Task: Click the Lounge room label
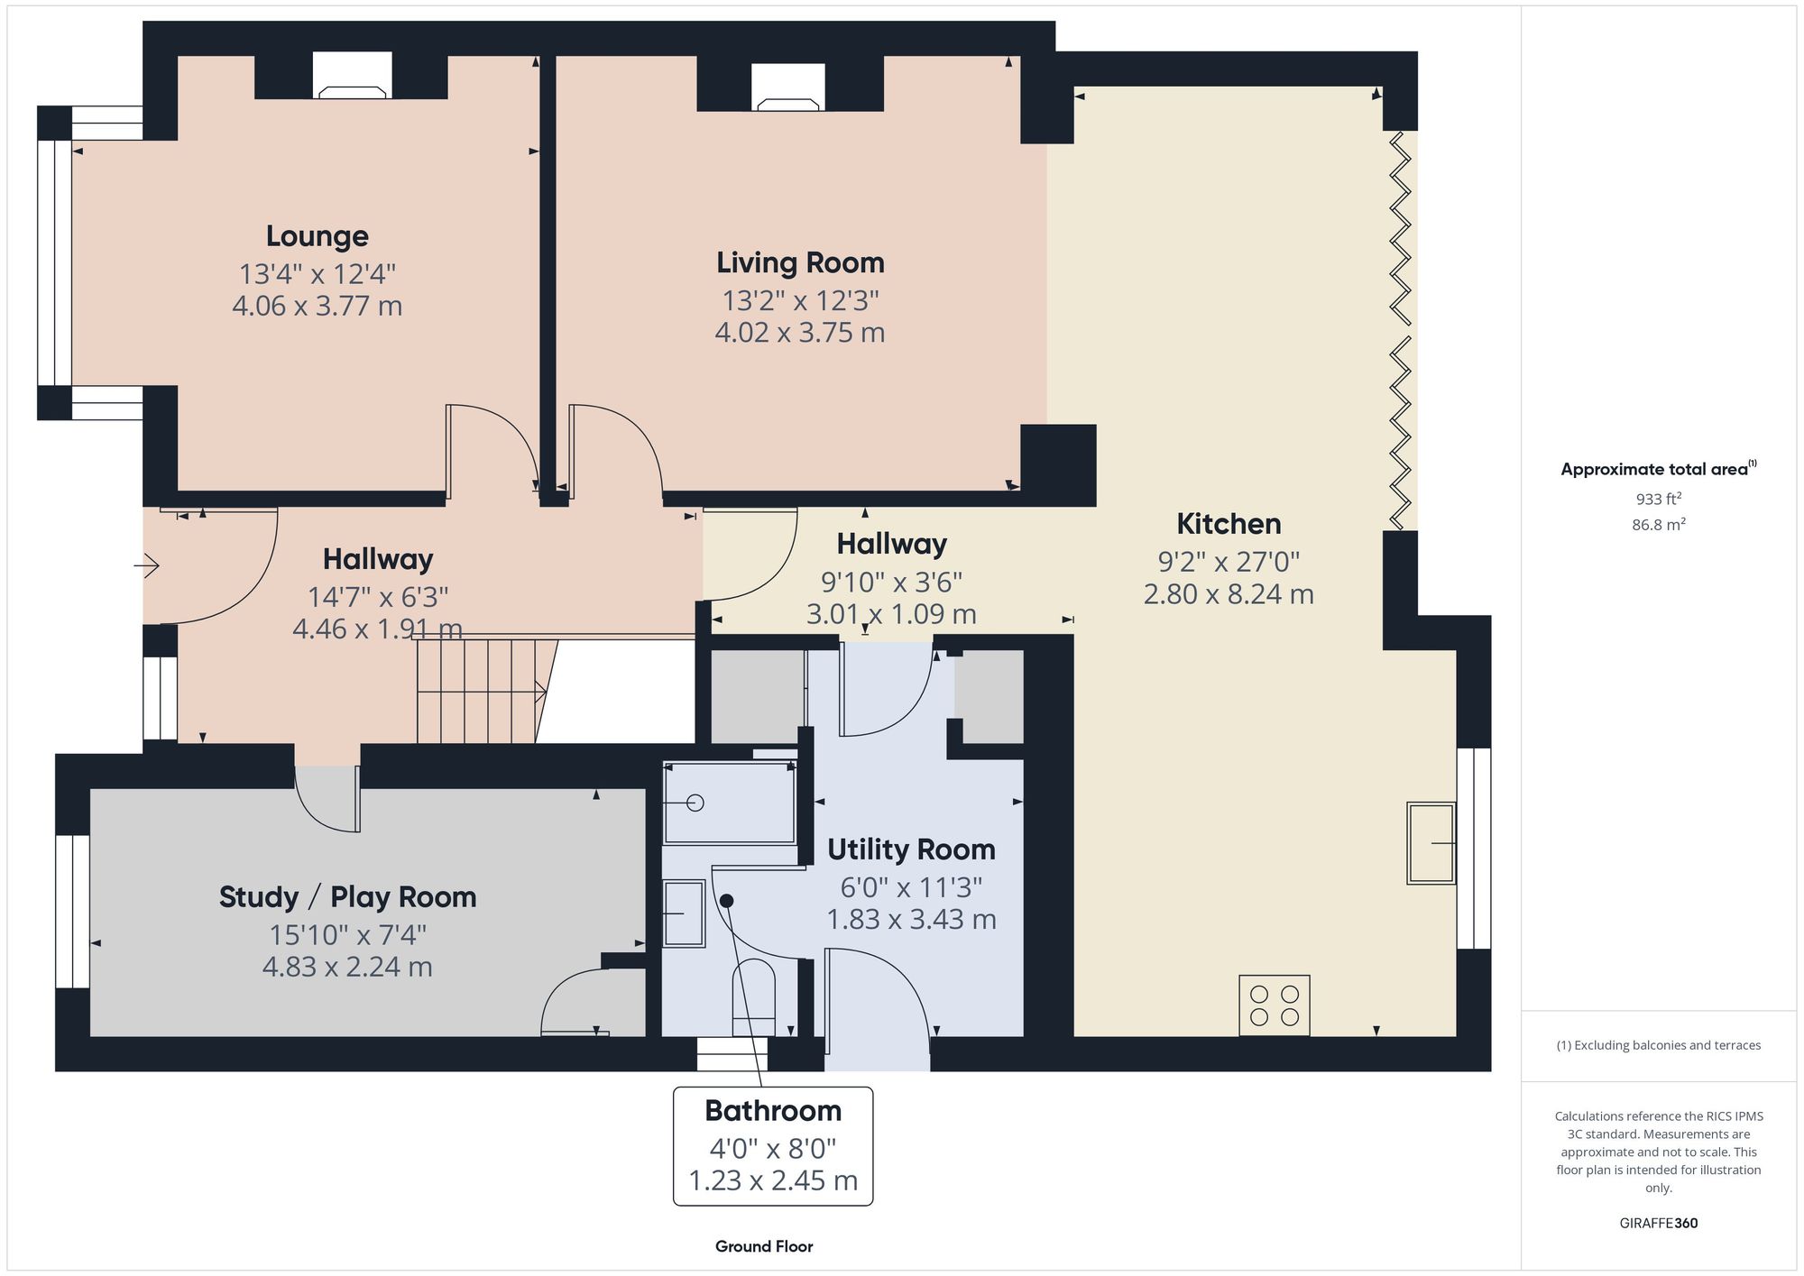point(317,236)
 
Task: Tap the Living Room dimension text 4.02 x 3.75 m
point(799,333)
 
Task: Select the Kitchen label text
point(1229,524)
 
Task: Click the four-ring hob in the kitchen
point(1274,1005)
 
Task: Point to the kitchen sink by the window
point(1431,843)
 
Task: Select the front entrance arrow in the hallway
point(148,566)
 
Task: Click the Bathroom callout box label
point(773,1111)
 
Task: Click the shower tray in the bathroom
point(729,803)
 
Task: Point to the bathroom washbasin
point(684,913)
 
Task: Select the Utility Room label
point(911,849)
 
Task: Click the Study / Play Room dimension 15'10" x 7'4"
point(347,935)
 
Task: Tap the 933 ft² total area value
point(1658,499)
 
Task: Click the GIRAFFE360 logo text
point(1658,1224)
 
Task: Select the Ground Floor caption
point(764,1246)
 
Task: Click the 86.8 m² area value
point(1658,525)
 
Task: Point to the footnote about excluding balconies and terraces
point(1658,1046)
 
